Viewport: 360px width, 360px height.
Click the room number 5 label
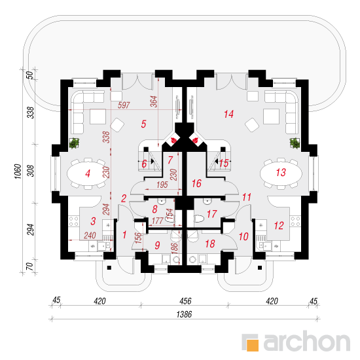tap(143, 124)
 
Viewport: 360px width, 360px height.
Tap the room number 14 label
tap(228, 114)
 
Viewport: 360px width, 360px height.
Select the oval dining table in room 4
tap(88, 173)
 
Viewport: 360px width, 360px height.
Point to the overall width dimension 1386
tap(184, 314)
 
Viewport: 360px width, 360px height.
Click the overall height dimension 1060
tap(18, 171)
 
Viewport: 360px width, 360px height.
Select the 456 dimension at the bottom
tap(185, 301)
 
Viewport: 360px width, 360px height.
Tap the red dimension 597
tap(124, 105)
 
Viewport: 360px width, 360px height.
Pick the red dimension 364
tap(154, 101)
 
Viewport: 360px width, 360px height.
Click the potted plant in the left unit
tap(74, 143)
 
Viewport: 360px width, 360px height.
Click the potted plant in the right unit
tap(295, 143)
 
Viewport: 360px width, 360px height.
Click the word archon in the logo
tap(307, 341)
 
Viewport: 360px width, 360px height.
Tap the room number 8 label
tap(154, 209)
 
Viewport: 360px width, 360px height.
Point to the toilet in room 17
tap(199, 219)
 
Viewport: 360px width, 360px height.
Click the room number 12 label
tap(279, 225)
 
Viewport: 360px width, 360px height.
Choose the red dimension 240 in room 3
tap(90, 236)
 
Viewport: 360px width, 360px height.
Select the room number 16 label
tap(196, 183)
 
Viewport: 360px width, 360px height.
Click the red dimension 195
tap(162, 185)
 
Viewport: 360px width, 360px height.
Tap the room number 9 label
tap(157, 245)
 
